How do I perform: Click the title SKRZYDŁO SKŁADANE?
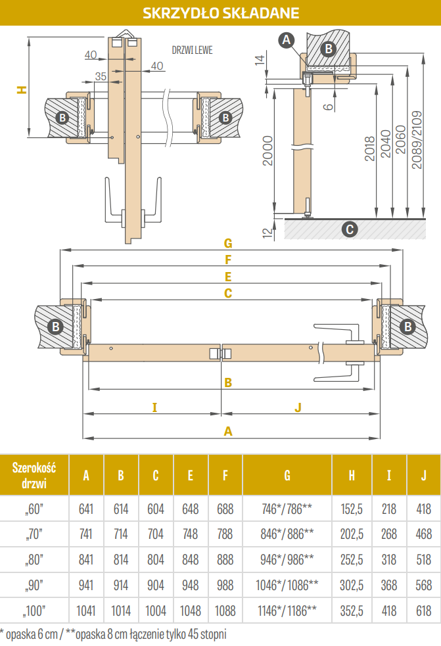tap(221, 12)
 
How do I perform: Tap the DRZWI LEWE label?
tap(193, 49)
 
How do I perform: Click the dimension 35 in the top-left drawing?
tap(101, 76)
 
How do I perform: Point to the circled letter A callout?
tap(286, 40)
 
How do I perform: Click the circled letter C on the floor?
tap(350, 229)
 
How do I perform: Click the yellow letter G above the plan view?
tap(228, 243)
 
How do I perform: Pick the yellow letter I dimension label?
tap(154, 407)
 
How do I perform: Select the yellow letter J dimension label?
tap(298, 407)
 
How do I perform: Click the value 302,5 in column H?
tap(352, 586)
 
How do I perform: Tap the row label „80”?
tap(34, 560)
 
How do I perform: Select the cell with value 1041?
tap(85, 611)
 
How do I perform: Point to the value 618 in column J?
tap(423, 611)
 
